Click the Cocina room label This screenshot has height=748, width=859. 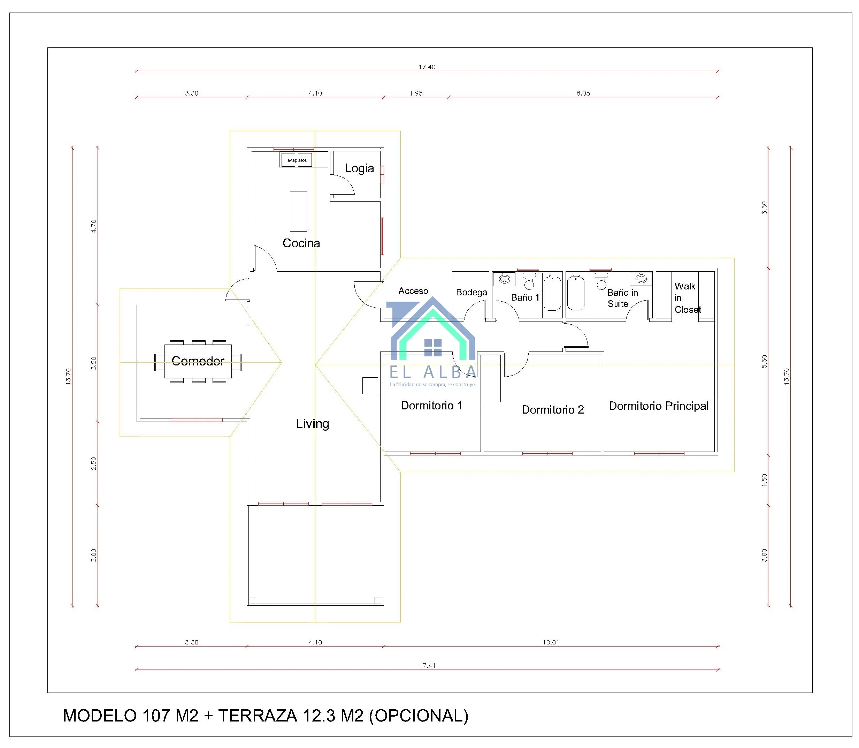pyautogui.click(x=301, y=243)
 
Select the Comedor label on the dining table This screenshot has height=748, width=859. pyautogui.click(x=198, y=361)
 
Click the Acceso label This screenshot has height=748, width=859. pyautogui.click(x=413, y=291)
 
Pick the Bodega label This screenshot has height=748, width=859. pyautogui.click(x=471, y=293)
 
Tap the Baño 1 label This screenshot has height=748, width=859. pyautogui.click(x=525, y=297)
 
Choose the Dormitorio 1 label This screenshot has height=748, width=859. pyautogui.click(x=431, y=406)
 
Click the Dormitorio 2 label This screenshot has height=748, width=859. pyautogui.click(x=553, y=410)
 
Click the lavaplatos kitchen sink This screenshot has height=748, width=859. pyautogui.click(x=296, y=160)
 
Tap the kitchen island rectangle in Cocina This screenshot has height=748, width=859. pyautogui.click(x=298, y=211)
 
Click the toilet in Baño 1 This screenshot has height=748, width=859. pyautogui.click(x=529, y=281)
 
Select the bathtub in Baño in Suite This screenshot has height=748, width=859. pyautogui.click(x=576, y=292)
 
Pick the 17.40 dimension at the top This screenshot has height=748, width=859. pyautogui.click(x=427, y=67)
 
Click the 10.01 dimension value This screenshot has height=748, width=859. pyautogui.click(x=551, y=642)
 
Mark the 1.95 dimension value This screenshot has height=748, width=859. pyautogui.click(x=416, y=93)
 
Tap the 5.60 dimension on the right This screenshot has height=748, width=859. pyautogui.click(x=764, y=362)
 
